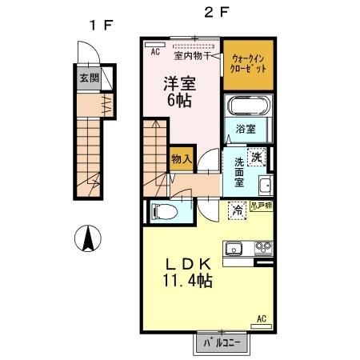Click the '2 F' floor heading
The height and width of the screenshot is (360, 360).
point(209,14)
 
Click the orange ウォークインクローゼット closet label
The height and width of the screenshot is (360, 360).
point(249,64)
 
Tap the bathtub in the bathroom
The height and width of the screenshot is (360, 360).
point(250,107)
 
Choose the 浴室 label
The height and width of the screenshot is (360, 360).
point(245,129)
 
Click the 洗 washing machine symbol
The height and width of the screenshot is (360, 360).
point(257,156)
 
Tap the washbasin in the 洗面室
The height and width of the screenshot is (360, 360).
point(266,186)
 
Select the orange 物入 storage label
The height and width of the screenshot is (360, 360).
point(181,158)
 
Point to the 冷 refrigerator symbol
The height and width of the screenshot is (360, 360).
point(238,210)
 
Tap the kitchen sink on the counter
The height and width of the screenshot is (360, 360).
point(234,247)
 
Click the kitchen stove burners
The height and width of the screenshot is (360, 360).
point(263,247)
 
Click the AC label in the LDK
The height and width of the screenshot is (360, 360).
point(261,320)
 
